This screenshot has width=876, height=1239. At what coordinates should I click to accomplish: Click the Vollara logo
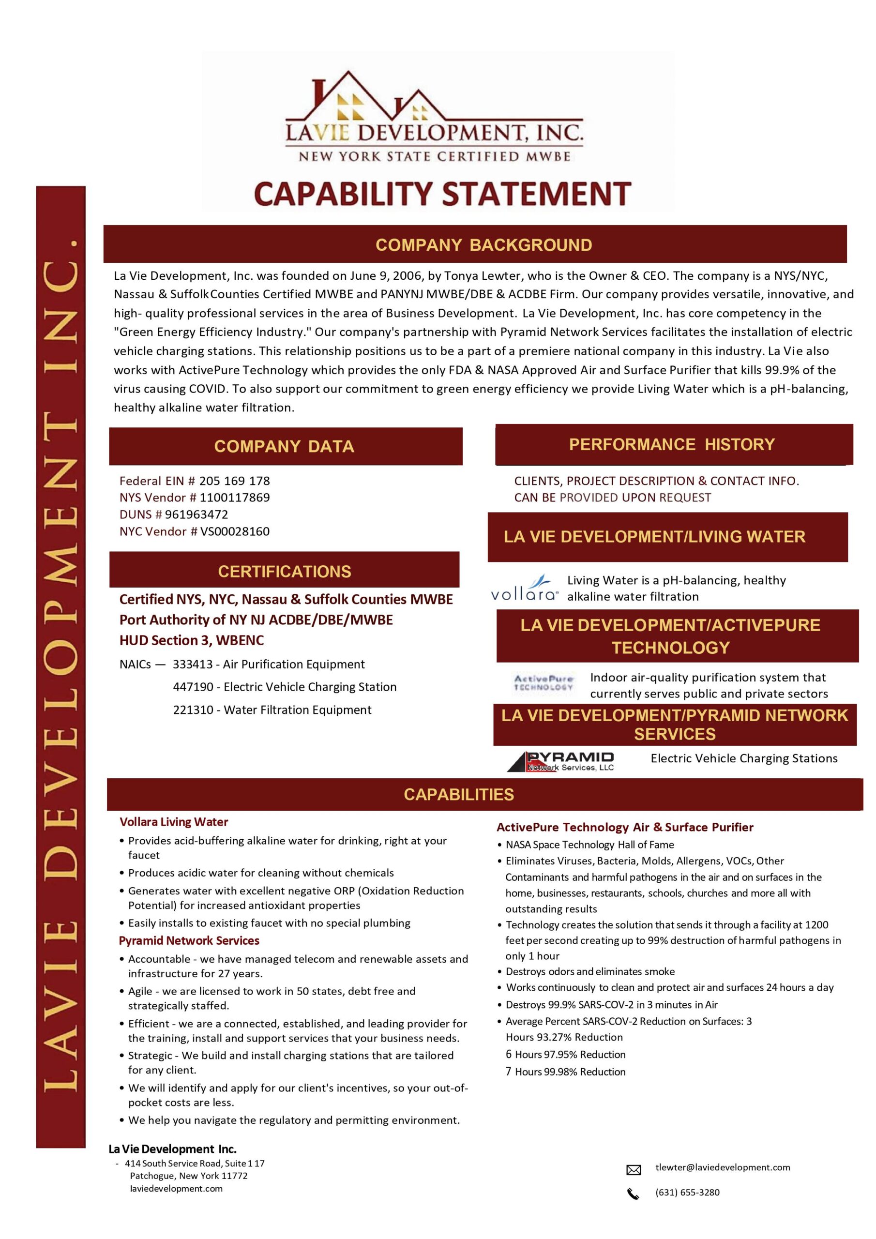(525, 589)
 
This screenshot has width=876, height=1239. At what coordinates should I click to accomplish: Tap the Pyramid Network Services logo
(560, 761)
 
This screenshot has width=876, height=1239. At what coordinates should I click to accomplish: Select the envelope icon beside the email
(633, 1169)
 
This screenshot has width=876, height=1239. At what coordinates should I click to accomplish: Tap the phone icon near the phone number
(633, 1194)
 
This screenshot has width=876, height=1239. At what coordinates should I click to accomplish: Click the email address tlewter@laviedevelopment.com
(722, 1167)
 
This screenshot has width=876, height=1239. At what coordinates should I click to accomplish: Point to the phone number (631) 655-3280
(687, 1192)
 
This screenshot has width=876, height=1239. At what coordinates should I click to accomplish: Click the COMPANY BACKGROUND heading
(483, 245)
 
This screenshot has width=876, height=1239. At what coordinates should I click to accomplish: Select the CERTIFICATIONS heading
(285, 572)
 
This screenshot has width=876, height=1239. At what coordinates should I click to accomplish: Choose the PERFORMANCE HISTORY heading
(671, 444)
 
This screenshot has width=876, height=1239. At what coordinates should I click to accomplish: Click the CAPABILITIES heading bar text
(459, 794)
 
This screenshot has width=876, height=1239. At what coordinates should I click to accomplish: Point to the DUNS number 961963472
(196, 514)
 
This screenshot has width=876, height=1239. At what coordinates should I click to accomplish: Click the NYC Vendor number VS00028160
(235, 531)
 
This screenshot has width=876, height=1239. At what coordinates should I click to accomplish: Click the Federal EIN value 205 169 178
(234, 481)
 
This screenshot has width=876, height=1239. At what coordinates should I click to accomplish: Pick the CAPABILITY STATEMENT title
(442, 193)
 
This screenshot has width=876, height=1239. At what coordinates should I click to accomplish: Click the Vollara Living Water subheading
(174, 822)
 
